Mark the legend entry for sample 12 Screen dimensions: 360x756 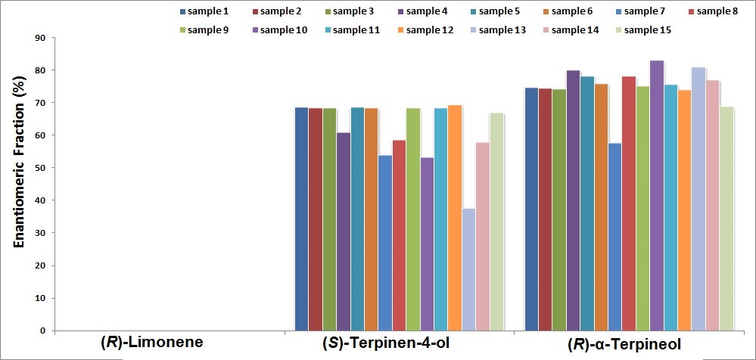(x=428, y=30)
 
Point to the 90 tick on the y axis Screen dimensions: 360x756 (x=41, y=38)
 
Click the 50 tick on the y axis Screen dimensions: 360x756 (x=41, y=168)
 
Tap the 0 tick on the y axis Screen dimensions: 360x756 (x=43, y=331)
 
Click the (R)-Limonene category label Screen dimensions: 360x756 (x=152, y=343)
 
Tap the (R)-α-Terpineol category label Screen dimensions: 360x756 (x=624, y=343)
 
